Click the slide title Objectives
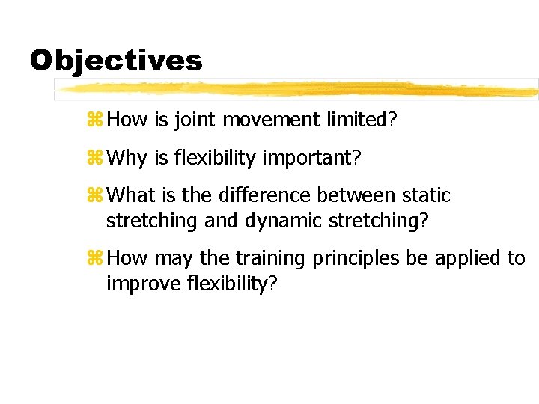116,61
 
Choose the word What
131,195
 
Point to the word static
427,195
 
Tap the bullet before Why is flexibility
96,157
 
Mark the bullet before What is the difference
96,196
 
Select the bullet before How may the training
96,259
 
